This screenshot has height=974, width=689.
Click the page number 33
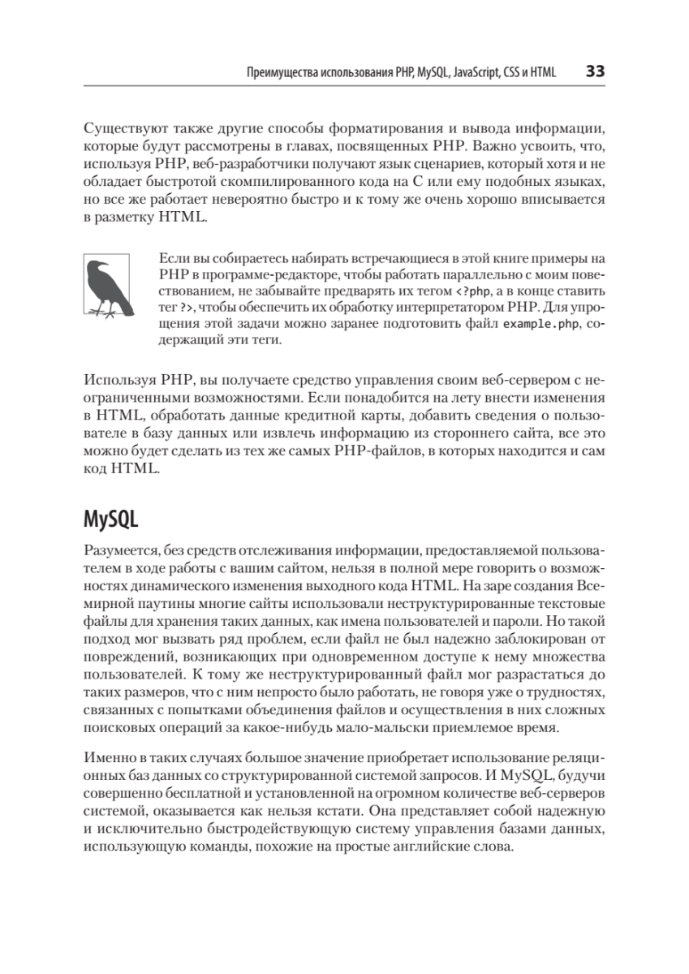click(x=595, y=71)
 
